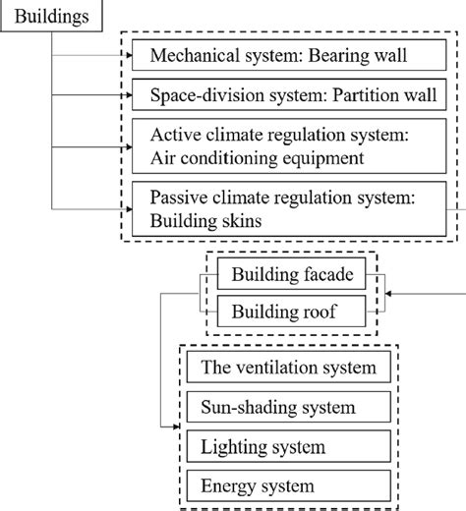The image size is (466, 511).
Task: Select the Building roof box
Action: (292, 312)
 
